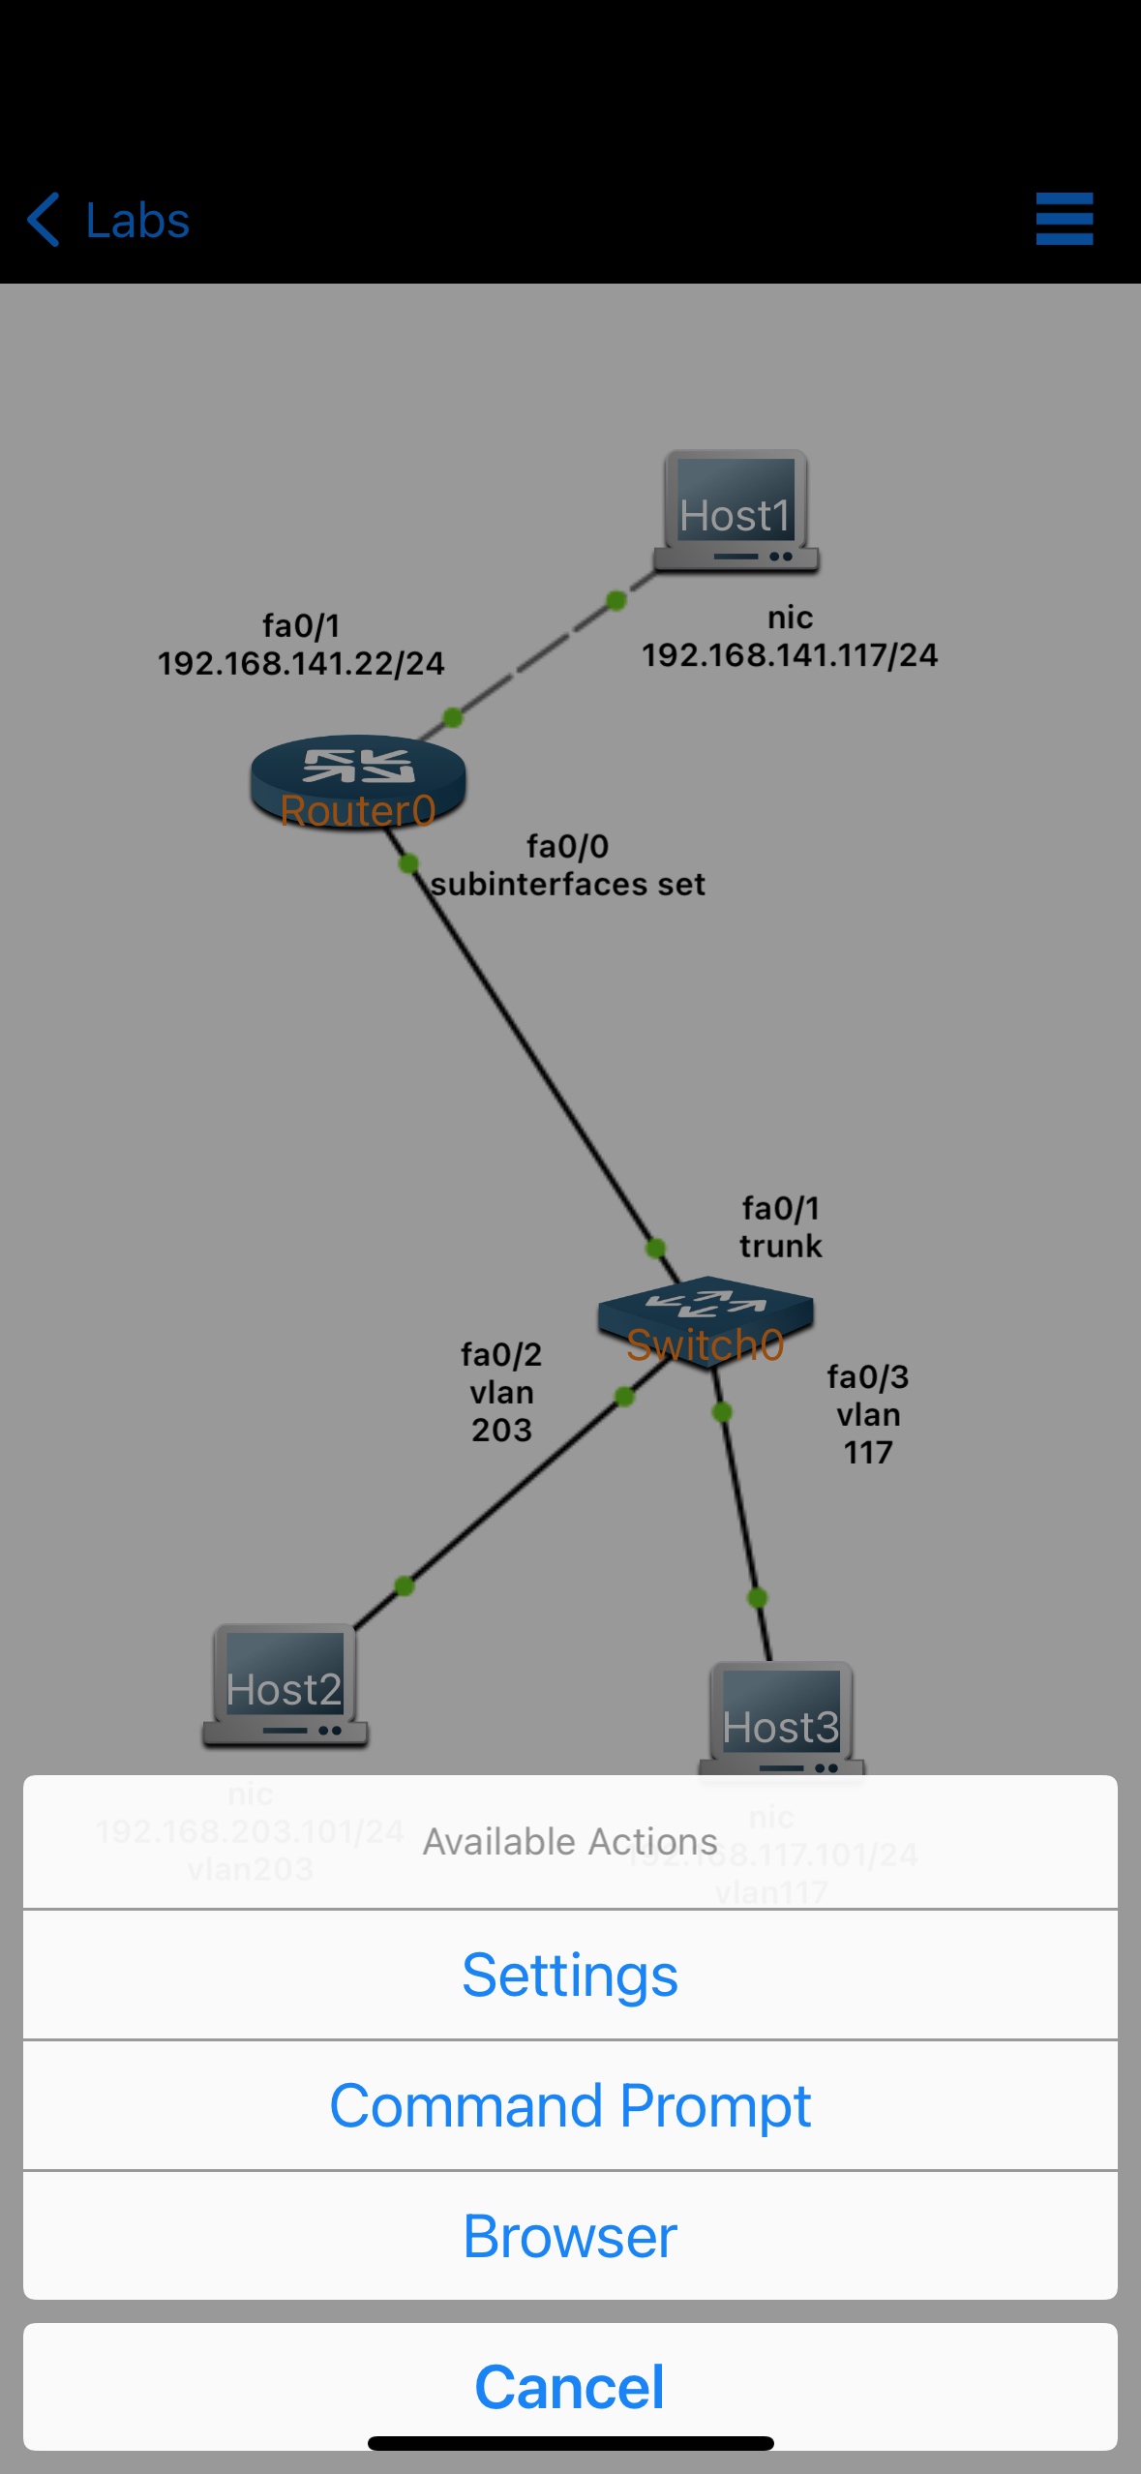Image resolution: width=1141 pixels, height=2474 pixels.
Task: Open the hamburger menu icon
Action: tap(1064, 219)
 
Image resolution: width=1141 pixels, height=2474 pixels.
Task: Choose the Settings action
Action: tap(570, 1976)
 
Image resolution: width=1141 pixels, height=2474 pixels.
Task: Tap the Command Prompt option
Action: tap(570, 2105)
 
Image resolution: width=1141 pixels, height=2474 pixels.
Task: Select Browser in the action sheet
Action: tap(570, 2236)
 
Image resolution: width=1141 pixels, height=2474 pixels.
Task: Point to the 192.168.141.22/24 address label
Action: tap(301, 664)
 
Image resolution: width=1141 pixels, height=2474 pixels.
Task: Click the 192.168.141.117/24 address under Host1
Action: tap(790, 655)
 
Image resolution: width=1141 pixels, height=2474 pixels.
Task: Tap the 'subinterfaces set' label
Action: tap(568, 885)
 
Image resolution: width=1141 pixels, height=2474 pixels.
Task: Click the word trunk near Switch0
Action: tap(780, 1246)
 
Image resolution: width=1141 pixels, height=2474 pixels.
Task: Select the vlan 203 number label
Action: tap(501, 1430)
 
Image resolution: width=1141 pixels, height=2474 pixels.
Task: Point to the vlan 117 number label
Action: tap(868, 1452)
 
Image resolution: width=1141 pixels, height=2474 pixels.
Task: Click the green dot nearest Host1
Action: tap(616, 601)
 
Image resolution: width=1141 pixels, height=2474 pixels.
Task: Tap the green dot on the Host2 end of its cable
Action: tap(405, 1585)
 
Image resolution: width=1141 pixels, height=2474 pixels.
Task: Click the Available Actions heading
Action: tap(570, 1841)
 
